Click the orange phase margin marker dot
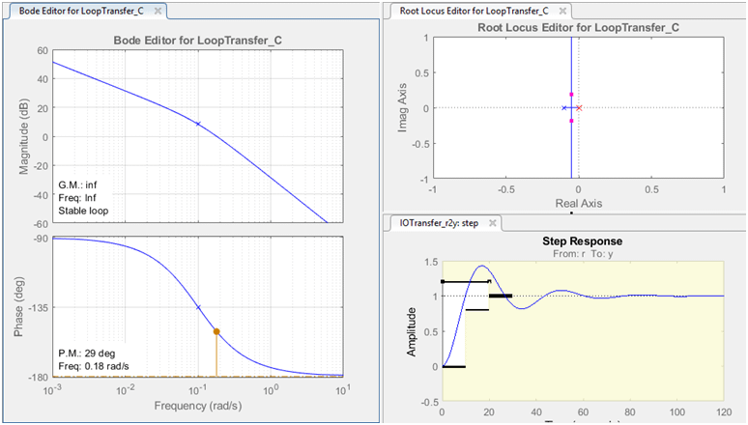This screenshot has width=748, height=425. click(x=216, y=331)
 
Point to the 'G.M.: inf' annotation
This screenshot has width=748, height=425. click(x=79, y=181)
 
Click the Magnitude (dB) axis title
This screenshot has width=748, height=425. click(x=22, y=137)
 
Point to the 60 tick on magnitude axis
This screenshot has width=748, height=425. click(x=42, y=50)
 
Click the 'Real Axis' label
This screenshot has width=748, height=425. click(x=578, y=204)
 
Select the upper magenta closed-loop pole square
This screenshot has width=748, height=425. click(x=571, y=95)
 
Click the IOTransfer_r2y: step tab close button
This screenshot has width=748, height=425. click(x=492, y=223)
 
